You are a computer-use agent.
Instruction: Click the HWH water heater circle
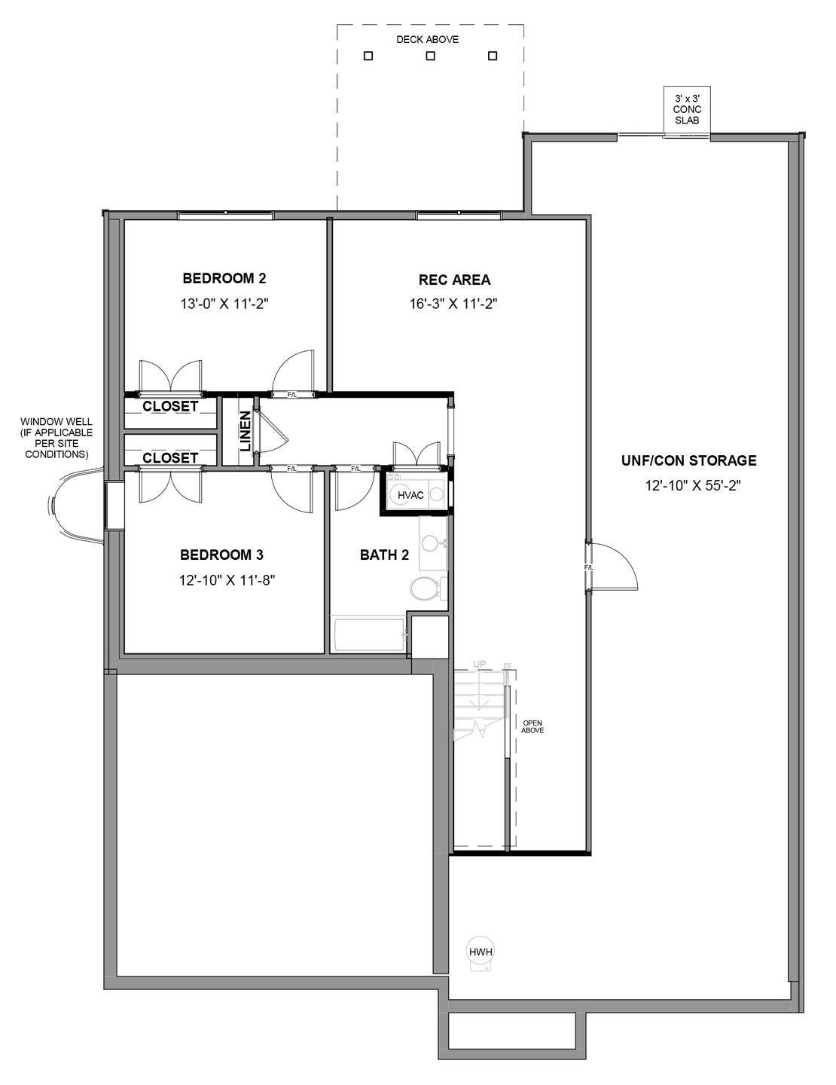[x=481, y=951]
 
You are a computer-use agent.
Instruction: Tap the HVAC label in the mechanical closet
[x=410, y=495]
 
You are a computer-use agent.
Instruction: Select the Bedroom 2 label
[x=224, y=278]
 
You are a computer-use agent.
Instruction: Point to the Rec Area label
[x=454, y=280]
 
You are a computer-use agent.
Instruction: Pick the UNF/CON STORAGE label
[x=689, y=460]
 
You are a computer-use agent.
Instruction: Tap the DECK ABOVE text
[x=427, y=39]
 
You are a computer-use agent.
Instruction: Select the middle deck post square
[x=430, y=56]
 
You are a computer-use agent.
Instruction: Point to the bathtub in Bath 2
[x=368, y=635]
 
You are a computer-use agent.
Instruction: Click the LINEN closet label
[x=246, y=431]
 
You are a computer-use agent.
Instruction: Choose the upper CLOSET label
[x=170, y=406]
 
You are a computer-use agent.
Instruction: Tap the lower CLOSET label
[x=170, y=457]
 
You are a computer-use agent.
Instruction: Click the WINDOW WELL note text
[x=56, y=438]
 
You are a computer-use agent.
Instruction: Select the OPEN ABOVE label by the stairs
[x=532, y=726]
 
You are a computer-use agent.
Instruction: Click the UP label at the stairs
[x=479, y=664]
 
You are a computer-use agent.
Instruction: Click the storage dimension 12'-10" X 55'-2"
[x=693, y=485]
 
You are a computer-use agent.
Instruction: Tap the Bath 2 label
[x=384, y=555]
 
